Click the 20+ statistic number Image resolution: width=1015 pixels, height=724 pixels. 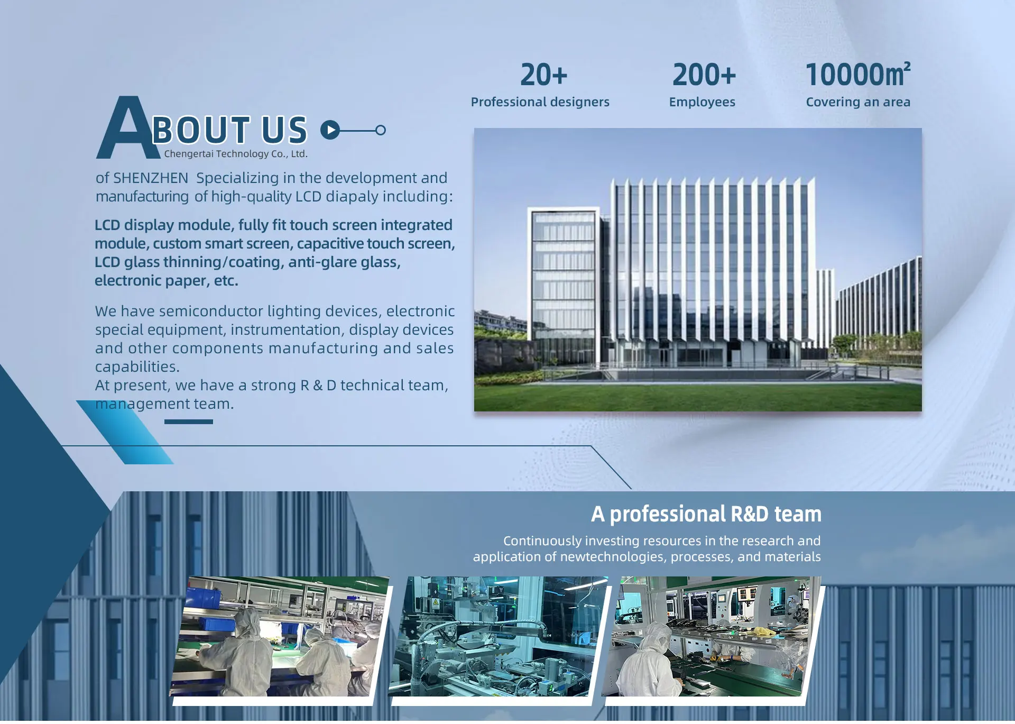tap(543, 75)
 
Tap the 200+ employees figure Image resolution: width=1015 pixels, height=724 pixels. tap(704, 75)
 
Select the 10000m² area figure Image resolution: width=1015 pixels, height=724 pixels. tap(857, 74)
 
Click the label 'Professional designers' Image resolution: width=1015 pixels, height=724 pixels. tap(540, 102)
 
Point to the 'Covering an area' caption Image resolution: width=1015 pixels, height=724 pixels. tap(858, 102)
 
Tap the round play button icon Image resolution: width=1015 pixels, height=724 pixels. tap(330, 130)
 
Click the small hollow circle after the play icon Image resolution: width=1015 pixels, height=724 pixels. tap(381, 130)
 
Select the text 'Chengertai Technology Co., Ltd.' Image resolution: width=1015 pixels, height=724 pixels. tap(236, 154)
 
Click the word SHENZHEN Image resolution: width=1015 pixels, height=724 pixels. tap(151, 178)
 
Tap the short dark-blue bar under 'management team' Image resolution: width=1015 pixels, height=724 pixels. tap(189, 421)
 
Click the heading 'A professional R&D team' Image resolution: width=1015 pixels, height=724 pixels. tap(706, 514)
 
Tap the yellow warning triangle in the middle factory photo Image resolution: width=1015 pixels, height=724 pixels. tap(436, 602)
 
